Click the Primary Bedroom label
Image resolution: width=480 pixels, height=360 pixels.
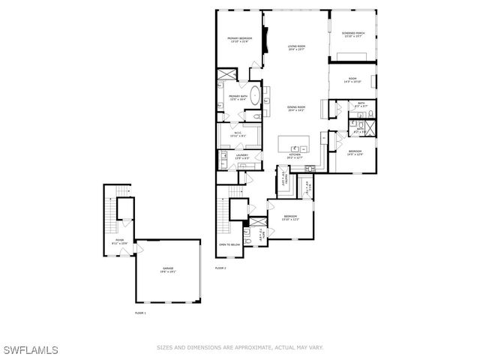pos(239,39)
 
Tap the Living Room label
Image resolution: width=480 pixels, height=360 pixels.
pos(297,48)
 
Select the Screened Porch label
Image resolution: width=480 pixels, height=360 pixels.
pos(352,35)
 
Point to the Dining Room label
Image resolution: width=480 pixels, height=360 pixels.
pos(297,109)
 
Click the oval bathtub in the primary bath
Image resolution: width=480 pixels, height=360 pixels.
pos(255,97)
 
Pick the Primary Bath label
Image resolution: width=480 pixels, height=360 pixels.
pos(238,97)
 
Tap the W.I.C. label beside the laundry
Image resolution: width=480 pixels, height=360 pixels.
pos(237,135)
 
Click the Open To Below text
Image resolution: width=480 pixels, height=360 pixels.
pos(229,245)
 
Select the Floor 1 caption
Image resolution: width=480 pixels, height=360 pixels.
pos(140,312)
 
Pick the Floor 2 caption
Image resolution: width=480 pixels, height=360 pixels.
pos(220,268)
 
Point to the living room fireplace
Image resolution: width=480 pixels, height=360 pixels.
pos(264,49)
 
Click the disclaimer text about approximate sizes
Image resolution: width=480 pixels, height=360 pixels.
pos(239,347)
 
